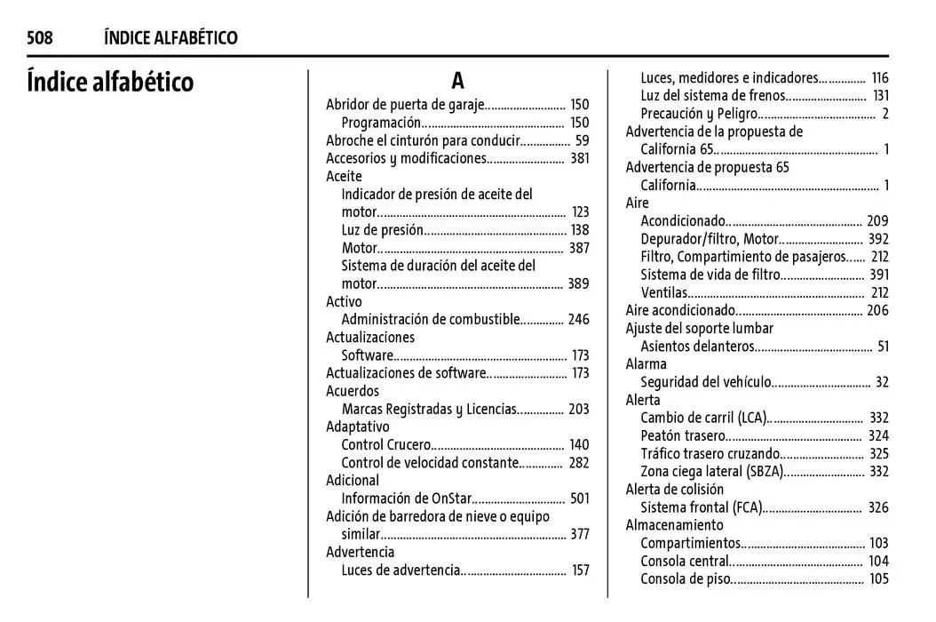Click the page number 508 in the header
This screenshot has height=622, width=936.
pos(39,37)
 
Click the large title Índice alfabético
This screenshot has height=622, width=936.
pos(110,83)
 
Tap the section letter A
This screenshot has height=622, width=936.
pos(457,81)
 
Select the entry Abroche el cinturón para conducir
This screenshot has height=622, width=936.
pos(422,140)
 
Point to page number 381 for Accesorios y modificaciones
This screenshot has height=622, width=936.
pos(579,158)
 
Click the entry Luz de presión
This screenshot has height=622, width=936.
pos(382,230)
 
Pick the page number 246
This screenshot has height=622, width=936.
pos(578,319)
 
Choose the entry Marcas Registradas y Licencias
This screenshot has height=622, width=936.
pos(429,409)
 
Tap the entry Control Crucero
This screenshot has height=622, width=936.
pos(385,444)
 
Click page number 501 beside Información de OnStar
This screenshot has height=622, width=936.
pos(579,498)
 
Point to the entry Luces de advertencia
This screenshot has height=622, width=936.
pos(401,570)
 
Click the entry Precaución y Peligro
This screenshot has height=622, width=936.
pos(699,114)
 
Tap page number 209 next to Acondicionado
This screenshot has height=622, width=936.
pos(877,221)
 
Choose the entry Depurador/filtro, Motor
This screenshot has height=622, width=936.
pos(710,239)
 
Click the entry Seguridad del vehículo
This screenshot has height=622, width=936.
pos(706,382)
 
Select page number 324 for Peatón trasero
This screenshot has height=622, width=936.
pos(878,435)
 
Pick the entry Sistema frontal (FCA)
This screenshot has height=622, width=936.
pos(701,507)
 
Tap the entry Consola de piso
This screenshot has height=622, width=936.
pos(686,579)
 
